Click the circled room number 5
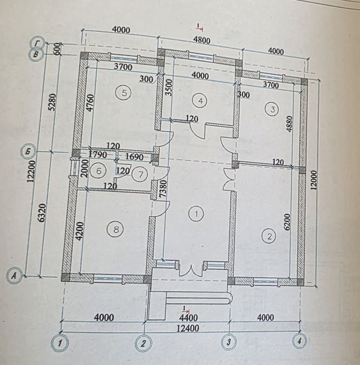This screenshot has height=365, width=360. (x=124, y=93)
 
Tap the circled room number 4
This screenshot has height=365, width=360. (x=200, y=101)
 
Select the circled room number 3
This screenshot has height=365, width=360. (x=273, y=109)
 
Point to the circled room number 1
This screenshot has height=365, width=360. (x=197, y=213)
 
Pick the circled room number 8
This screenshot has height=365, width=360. (x=115, y=229)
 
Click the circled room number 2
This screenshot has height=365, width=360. (x=269, y=237)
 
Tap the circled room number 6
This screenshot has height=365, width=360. (x=99, y=172)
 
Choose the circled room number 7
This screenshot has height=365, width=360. (x=140, y=174)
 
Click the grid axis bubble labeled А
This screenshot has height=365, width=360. (x=15, y=276)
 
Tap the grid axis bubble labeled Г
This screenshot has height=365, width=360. (x=38, y=43)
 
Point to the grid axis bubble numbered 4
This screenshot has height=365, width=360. (x=299, y=341)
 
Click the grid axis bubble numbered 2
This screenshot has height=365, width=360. (x=143, y=343)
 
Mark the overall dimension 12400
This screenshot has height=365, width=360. (x=188, y=328)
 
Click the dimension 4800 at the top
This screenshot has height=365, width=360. (x=201, y=40)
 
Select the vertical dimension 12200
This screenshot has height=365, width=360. (x=32, y=171)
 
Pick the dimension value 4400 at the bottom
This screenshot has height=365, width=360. (x=189, y=318)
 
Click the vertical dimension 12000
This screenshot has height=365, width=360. (x=314, y=180)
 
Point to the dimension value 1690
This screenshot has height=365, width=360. (x=135, y=157)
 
